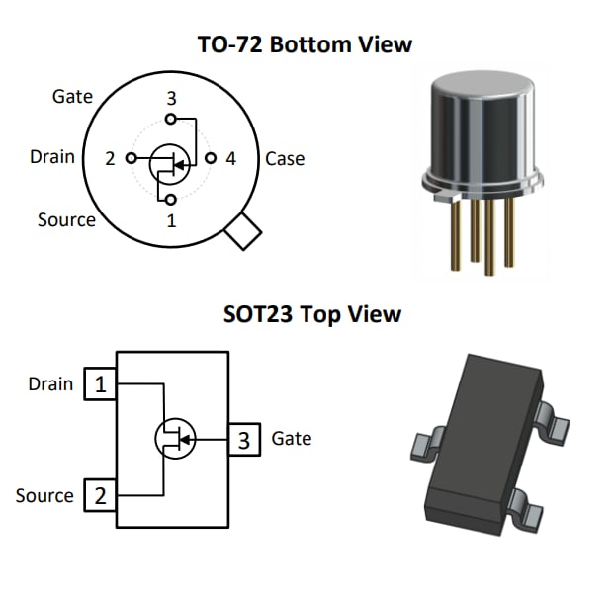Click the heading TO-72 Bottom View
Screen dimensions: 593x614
(304, 44)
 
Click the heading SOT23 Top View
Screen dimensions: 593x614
(312, 314)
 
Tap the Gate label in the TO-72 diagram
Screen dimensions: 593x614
(72, 96)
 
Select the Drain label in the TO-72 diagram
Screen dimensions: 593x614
(52, 156)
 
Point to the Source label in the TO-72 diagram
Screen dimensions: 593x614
(66, 219)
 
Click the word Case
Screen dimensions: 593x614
(285, 158)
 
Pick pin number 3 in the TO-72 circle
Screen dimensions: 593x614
(171, 98)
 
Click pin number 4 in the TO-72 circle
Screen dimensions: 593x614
(230, 158)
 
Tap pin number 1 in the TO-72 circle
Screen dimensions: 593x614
(171, 220)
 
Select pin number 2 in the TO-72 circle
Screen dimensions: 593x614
(111, 158)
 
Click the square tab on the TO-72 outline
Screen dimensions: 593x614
(242, 233)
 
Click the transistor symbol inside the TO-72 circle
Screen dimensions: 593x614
(170, 164)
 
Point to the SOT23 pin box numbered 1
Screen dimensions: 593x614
(100, 383)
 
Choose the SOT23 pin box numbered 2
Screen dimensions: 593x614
(100, 494)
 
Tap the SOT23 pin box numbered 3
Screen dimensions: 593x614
(244, 439)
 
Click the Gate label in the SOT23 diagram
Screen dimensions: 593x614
(291, 438)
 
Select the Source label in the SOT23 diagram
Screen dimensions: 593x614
(44, 495)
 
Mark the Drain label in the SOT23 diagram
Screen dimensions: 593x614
(50, 383)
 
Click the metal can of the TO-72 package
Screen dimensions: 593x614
(479, 128)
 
